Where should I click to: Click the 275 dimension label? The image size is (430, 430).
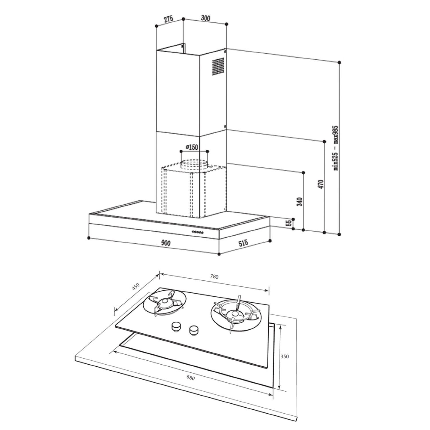[x=169, y=19]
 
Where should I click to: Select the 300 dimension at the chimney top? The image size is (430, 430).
[x=205, y=18]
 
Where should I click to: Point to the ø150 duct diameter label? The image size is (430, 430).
[x=192, y=147]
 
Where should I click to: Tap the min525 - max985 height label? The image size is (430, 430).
[x=336, y=148]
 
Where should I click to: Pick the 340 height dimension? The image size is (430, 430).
[x=300, y=202]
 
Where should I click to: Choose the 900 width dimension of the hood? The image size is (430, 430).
[x=166, y=243]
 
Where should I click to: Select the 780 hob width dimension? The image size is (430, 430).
[x=214, y=277]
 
